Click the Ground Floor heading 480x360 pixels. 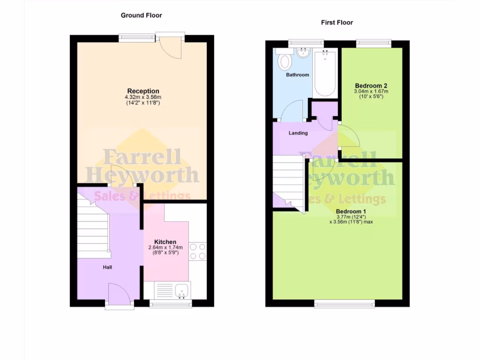click(x=141, y=15)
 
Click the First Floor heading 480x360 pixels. click(x=337, y=22)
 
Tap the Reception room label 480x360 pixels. click(x=143, y=91)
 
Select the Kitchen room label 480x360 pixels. click(x=165, y=242)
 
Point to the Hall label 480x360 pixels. click(x=108, y=267)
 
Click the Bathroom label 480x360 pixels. click(x=298, y=75)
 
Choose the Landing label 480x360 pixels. click(x=298, y=133)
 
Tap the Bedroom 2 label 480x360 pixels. click(x=371, y=85)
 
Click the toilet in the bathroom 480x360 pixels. click(x=285, y=60)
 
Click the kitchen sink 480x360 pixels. click(x=181, y=291)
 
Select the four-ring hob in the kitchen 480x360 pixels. click(x=198, y=251)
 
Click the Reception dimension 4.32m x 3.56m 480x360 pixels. click(x=143, y=97)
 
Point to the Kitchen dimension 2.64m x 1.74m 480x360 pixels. click(x=165, y=248)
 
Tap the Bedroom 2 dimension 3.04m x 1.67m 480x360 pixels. click(x=371, y=91)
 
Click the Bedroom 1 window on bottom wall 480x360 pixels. click(x=345, y=304)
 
